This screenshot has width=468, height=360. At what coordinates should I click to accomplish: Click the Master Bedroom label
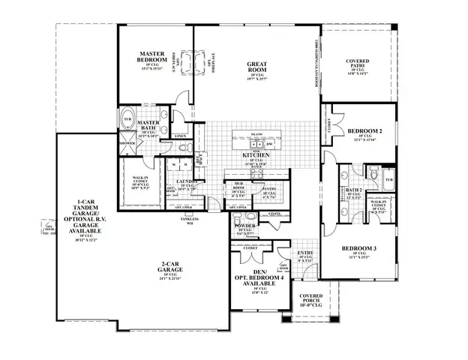(157, 58)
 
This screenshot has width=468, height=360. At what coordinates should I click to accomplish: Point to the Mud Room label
(238, 186)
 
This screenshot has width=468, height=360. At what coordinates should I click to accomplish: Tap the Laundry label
(187, 181)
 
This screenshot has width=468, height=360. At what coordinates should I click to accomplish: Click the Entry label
(306, 253)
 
